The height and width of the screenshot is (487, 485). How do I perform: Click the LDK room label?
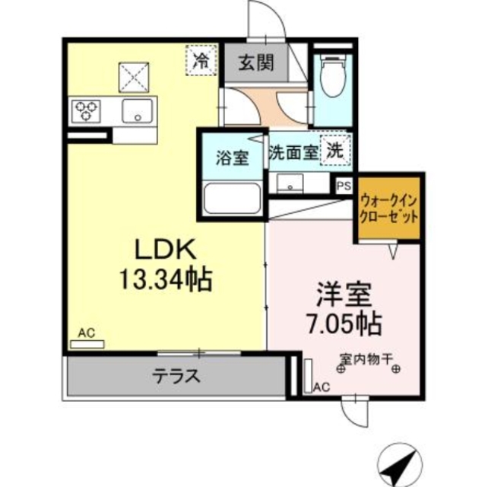point(166,250)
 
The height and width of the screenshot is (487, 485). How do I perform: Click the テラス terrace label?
point(176,375)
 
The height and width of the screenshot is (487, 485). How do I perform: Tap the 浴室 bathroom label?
point(231,158)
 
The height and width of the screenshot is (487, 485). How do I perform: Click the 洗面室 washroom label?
point(293,151)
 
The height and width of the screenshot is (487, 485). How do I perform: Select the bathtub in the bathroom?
point(233,199)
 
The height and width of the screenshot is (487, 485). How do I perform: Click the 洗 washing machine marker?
point(334,150)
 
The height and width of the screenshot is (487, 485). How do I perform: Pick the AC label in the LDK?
point(85,333)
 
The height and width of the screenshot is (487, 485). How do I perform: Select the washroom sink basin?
point(290,184)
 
